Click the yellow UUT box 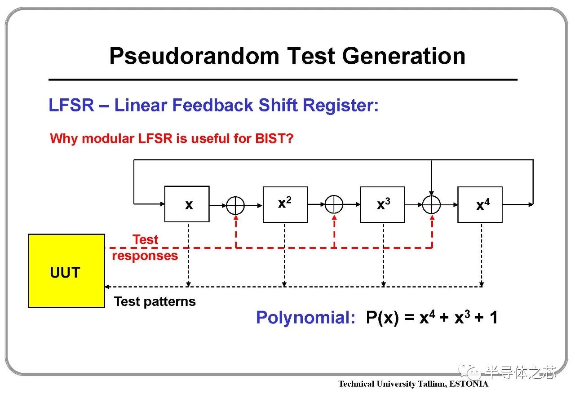66,270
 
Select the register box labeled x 187,204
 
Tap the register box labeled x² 285,204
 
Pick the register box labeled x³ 382,204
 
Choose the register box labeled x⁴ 480,205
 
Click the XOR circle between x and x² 235,205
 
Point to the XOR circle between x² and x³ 334,205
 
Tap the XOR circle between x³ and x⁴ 431,205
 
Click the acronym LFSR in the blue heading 71,106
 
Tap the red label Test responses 145,248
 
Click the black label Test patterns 155,301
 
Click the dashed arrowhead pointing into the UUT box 107,287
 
